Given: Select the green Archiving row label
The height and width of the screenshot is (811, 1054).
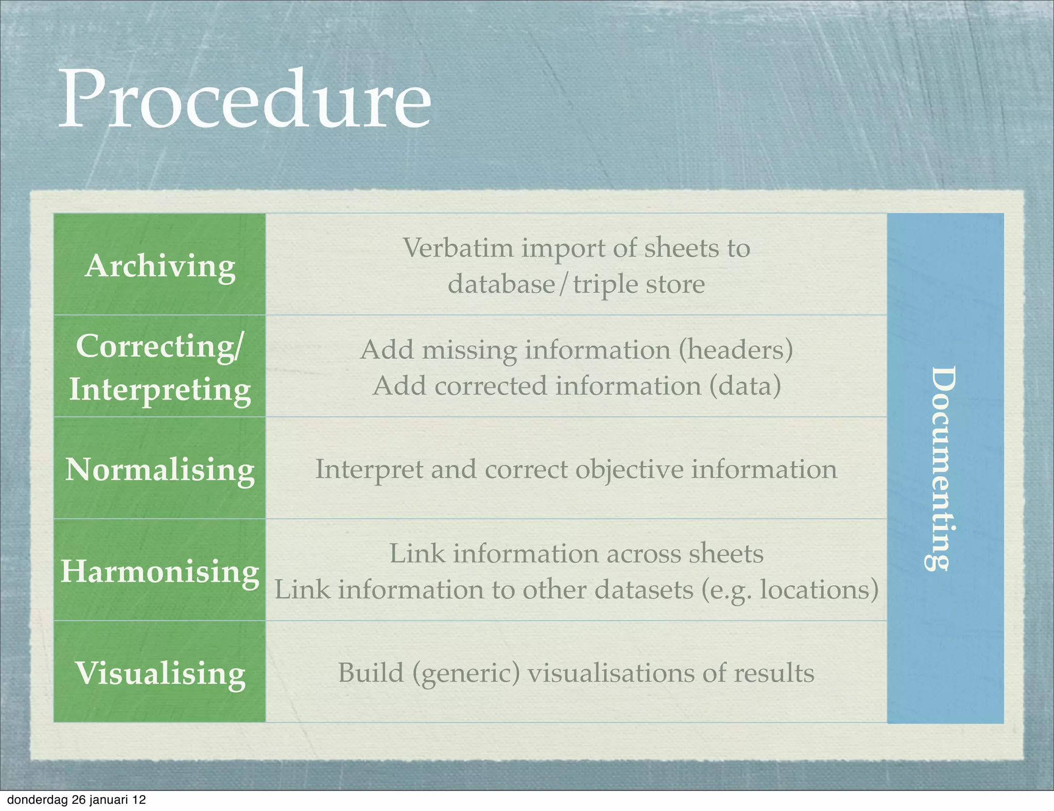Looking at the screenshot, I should [160, 266].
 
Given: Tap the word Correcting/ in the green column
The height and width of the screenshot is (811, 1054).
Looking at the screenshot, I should [159, 346].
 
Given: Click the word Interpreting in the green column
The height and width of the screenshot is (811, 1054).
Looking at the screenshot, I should [160, 390].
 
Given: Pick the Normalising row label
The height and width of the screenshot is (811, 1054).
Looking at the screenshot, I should [160, 470].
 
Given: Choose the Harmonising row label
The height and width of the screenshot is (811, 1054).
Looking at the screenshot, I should [160, 572].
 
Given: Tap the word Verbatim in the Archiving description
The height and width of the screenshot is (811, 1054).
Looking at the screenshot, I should [458, 249].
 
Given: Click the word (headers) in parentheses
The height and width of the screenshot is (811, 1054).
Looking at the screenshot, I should [735, 350].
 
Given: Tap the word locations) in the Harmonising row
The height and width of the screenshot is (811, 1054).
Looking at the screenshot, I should [819, 590].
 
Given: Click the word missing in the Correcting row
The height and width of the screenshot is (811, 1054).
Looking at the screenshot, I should [469, 350].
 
